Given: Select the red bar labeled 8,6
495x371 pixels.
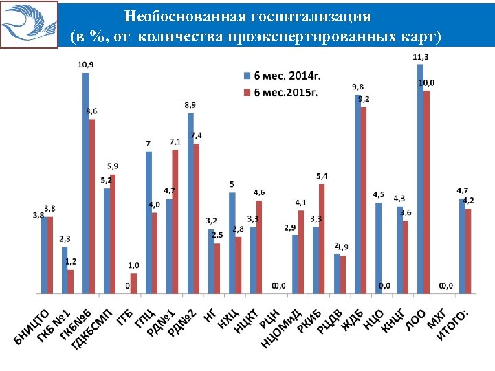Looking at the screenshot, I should [x=92, y=206].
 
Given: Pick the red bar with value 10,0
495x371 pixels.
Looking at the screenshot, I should [x=427, y=192].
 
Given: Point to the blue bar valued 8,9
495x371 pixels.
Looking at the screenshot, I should [x=190, y=203].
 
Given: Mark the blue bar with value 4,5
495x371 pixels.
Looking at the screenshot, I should [x=379, y=248].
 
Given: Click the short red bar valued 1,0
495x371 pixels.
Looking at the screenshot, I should [x=134, y=283].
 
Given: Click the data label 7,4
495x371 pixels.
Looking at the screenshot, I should [x=197, y=135].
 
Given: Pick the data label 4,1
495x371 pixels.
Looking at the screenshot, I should [x=301, y=203].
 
